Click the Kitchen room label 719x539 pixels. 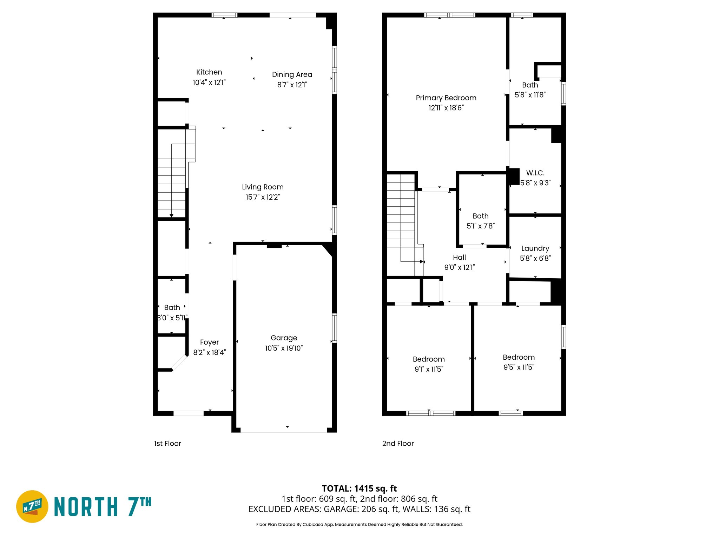(x=209, y=72)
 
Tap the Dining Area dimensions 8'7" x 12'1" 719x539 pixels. (x=292, y=85)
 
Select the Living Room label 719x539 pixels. (x=263, y=187)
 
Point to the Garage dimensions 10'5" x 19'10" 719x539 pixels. (x=284, y=348)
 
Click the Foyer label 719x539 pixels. (x=209, y=342)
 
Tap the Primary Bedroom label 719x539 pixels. (x=446, y=98)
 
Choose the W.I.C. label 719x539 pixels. (x=535, y=173)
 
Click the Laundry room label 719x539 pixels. (x=535, y=248)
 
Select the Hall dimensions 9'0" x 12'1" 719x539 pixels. (x=459, y=267)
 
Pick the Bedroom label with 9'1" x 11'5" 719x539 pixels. (x=429, y=359)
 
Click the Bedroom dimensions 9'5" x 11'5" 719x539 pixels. (x=519, y=367)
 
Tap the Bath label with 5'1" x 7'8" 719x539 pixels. (x=480, y=216)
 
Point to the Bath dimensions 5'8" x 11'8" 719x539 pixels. (x=530, y=95)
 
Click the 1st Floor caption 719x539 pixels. (x=167, y=444)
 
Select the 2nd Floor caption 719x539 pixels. (x=398, y=444)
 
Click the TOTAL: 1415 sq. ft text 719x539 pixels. (x=359, y=488)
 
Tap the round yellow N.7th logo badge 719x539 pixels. (x=32, y=506)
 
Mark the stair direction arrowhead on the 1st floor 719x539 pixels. (x=171, y=216)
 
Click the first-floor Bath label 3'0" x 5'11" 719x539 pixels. (x=172, y=308)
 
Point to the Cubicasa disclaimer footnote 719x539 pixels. (x=359, y=525)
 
